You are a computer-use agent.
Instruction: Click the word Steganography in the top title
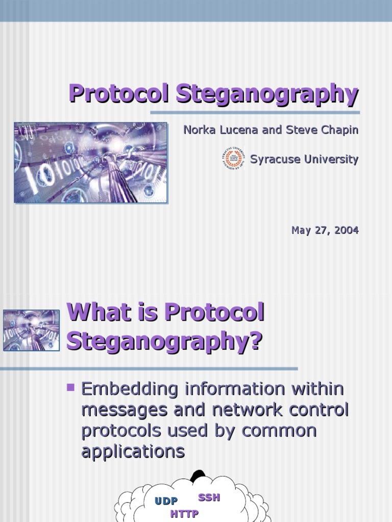tap(267, 95)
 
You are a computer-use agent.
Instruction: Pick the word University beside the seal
tap(331, 160)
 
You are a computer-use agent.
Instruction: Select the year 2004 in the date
tap(347, 230)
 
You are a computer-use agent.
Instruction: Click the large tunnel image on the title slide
tap(91, 163)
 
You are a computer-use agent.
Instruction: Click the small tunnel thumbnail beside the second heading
tap(32, 330)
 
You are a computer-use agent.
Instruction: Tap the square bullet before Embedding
tap(70, 388)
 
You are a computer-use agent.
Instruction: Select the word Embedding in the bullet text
tap(130, 389)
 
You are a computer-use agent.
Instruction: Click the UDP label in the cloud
tap(166, 501)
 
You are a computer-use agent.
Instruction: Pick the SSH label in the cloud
tap(209, 498)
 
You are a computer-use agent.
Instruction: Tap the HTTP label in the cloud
tap(184, 514)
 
